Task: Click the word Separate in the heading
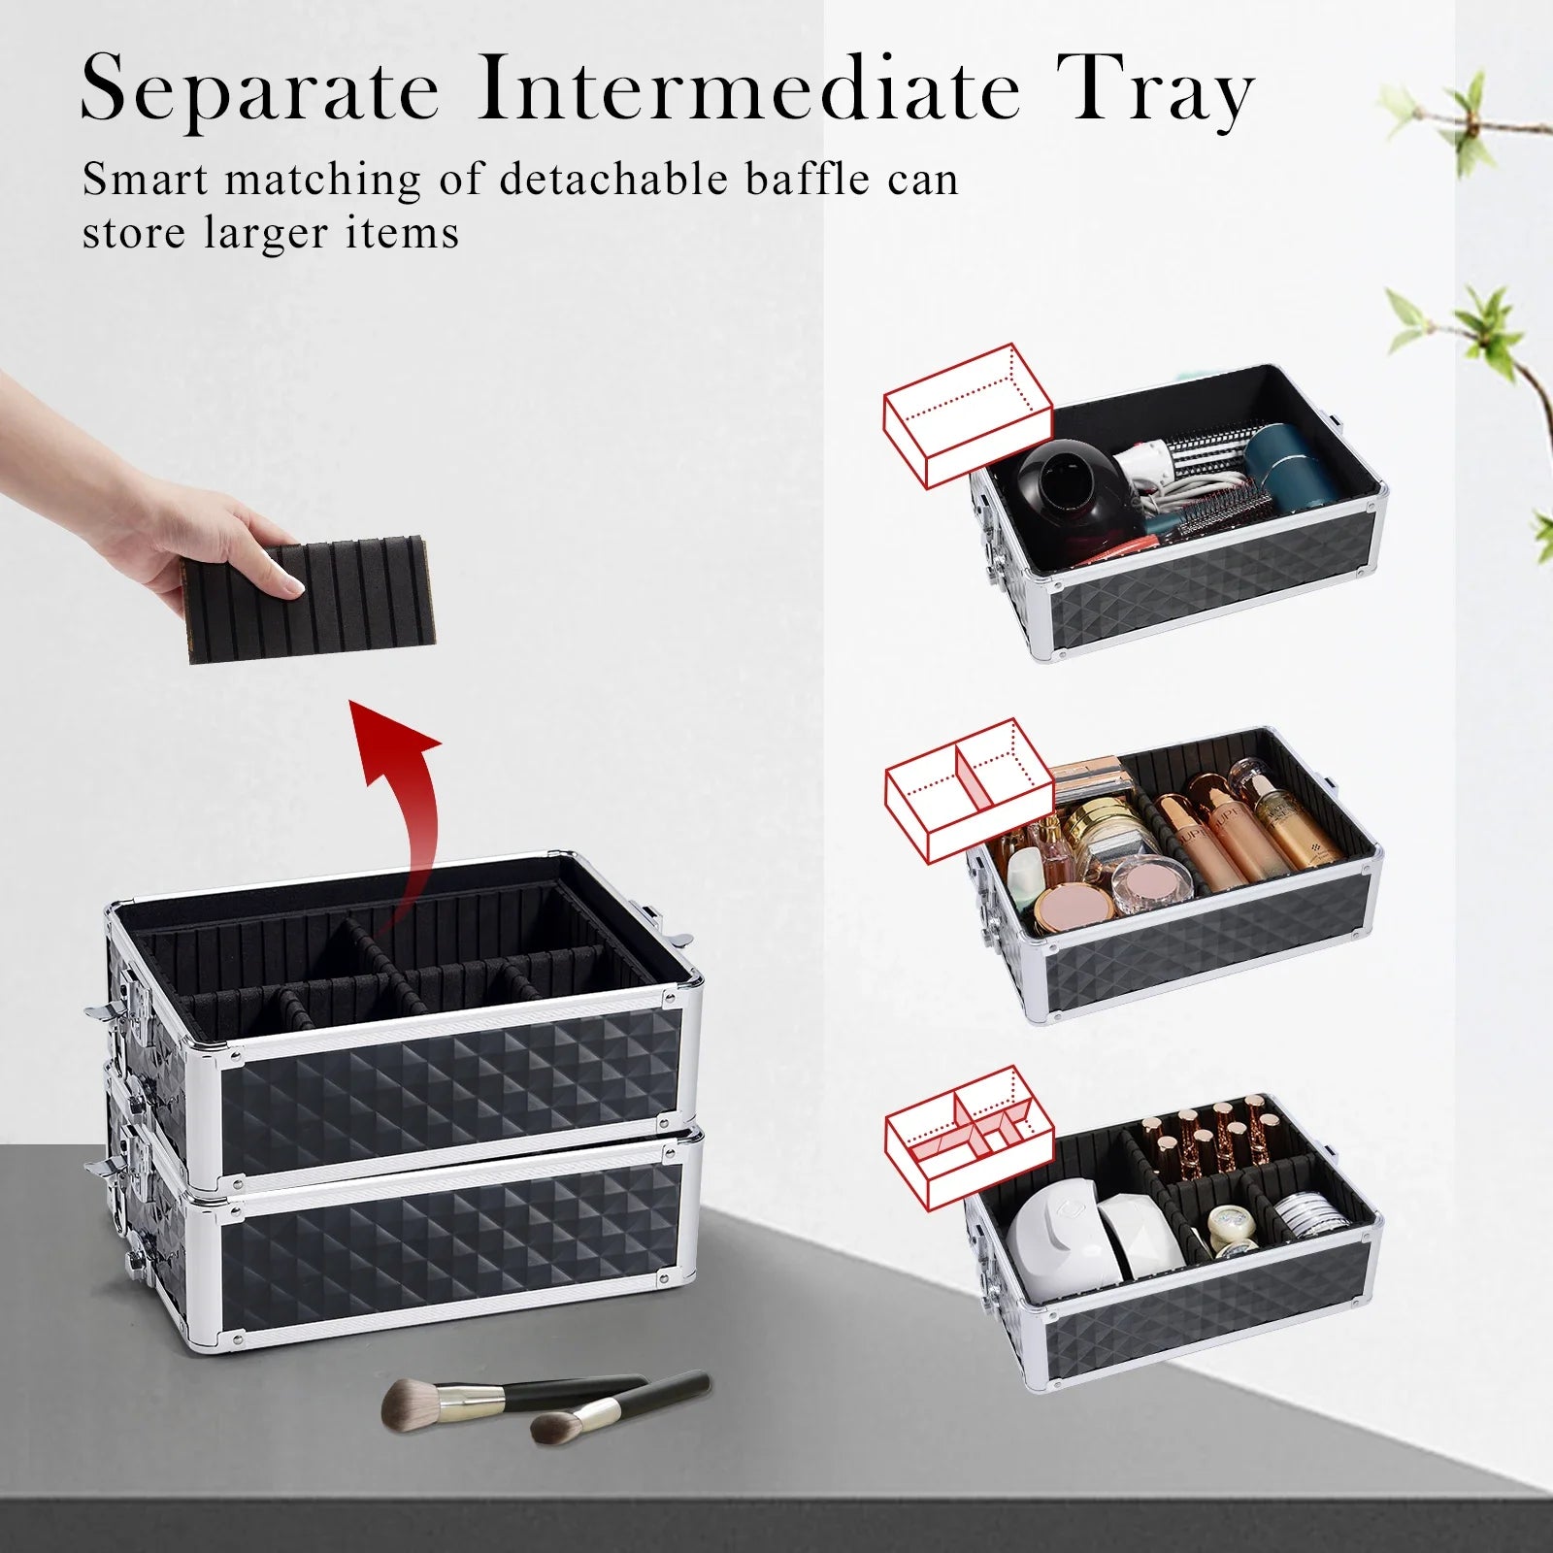tap(260, 92)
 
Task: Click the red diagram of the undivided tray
tap(967, 414)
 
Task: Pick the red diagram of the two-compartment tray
tap(969, 791)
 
